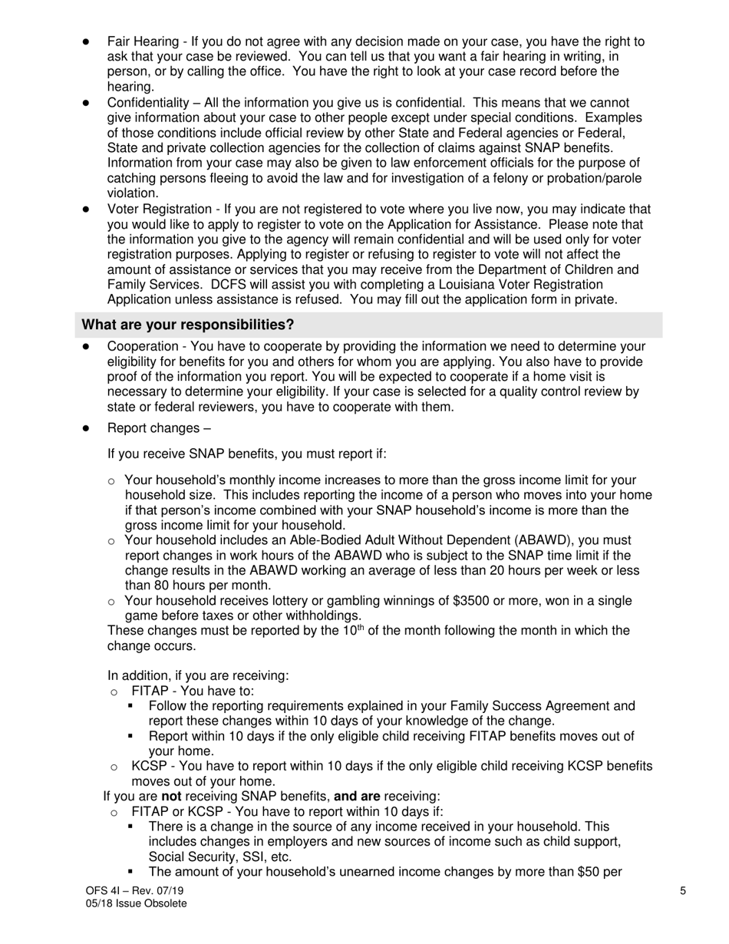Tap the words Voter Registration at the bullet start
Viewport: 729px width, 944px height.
tap(157, 209)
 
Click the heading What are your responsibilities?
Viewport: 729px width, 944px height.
tap(187, 325)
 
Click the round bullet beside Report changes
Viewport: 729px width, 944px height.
tap(87, 428)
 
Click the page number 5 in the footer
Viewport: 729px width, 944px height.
tap(683, 890)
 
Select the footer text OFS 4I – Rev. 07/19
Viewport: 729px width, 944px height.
tap(134, 890)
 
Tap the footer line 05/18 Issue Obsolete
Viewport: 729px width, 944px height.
tap(136, 903)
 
